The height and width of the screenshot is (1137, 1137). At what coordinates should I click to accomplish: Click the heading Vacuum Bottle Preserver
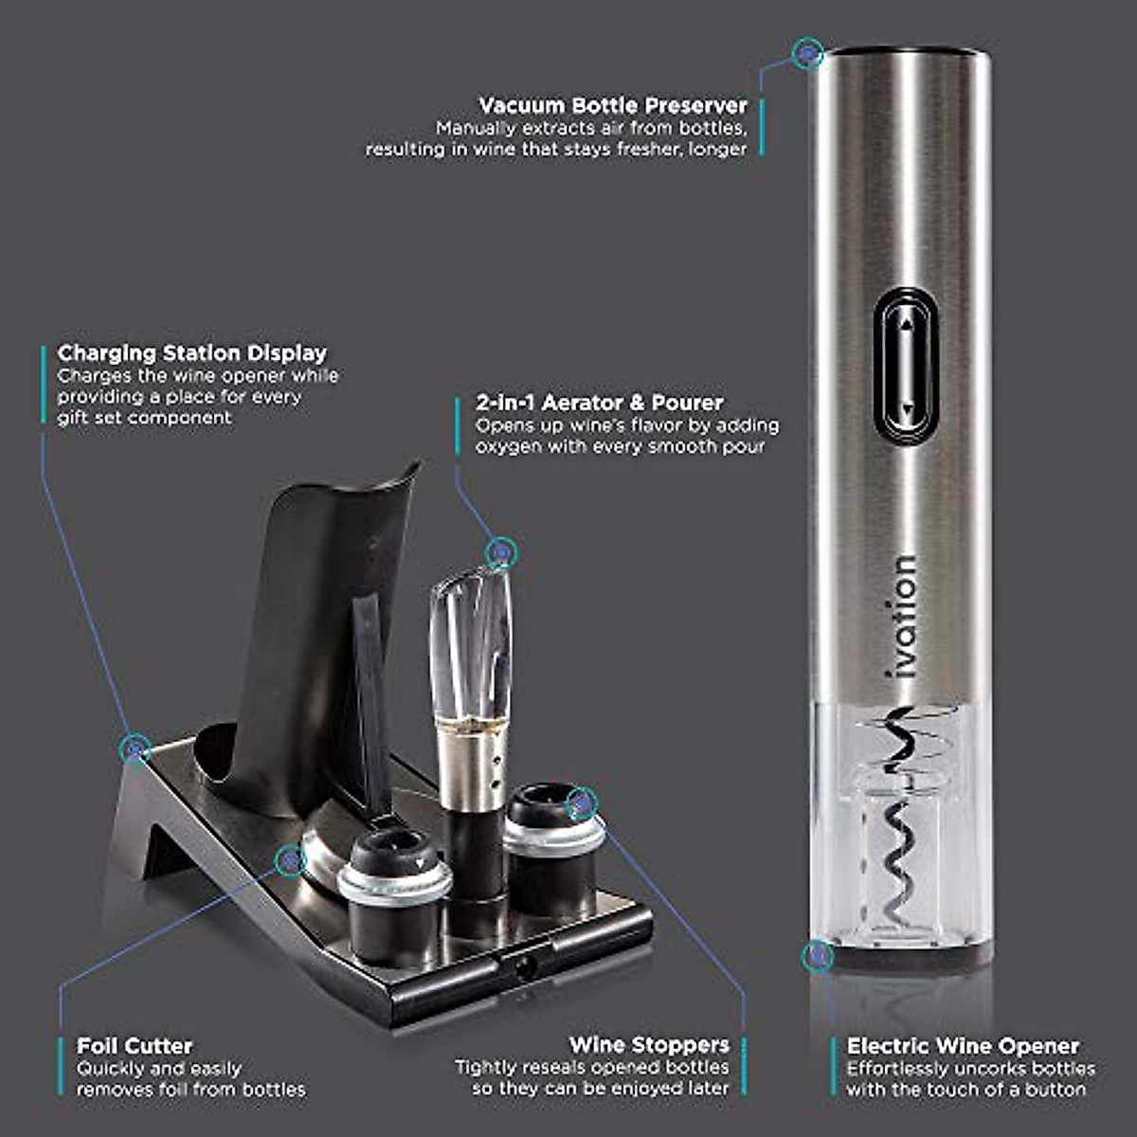coord(613,105)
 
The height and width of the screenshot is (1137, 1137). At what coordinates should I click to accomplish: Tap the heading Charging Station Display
coord(192,353)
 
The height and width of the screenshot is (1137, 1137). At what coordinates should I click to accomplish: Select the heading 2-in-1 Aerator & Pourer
coord(599,403)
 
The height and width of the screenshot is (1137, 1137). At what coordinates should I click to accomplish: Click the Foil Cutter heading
coord(135,1046)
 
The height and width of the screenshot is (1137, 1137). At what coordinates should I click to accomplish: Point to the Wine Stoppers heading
coord(649,1045)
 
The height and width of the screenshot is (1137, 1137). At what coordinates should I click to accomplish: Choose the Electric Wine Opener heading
coord(963,1046)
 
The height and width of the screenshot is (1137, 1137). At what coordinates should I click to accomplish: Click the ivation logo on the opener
coord(904,616)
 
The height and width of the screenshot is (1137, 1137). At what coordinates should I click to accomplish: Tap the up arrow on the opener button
coord(907,324)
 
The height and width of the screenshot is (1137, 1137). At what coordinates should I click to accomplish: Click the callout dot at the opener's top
coord(807,55)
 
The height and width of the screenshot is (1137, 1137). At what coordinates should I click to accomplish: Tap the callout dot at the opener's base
coord(814,957)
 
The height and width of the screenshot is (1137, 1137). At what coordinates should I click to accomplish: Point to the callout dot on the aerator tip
coord(500,551)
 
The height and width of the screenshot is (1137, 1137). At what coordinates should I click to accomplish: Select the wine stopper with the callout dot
coord(552,834)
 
